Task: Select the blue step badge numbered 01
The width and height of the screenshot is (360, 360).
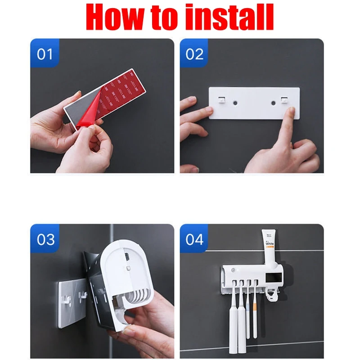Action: click(x=45, y=54)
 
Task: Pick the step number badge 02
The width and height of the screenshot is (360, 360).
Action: click(x=194, y=54)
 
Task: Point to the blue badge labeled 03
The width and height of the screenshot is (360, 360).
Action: click(x=45, y=239)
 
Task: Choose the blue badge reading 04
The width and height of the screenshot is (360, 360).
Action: click(x=194, y=239)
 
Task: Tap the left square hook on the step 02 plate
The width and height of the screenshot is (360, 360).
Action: click(x=222, y=100)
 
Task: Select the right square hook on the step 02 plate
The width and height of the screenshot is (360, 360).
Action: click(x=283, y=100)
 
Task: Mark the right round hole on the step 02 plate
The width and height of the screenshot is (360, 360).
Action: click(x=272, y=103)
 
